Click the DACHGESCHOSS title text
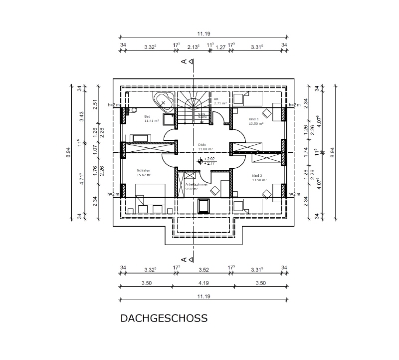coord(164,319)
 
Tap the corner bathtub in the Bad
coord(164,101)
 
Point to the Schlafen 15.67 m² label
coord(144,173)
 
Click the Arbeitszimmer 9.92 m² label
coord(193,187)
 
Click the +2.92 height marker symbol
coord(201,161)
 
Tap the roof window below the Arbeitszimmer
coord(204,206)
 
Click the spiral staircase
coord(194,106)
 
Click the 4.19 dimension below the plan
coord(202,283)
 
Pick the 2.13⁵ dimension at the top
coord(193,47)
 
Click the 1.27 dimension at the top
coord(220,47)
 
